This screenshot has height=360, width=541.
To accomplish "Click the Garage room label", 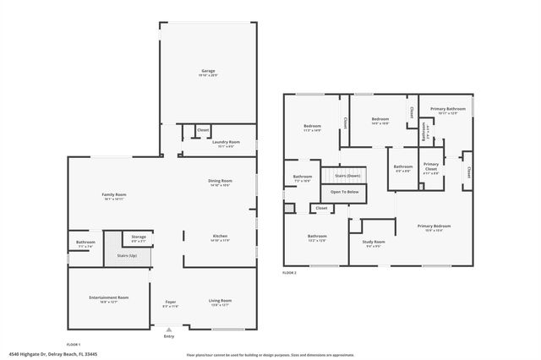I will [x=208, y=71].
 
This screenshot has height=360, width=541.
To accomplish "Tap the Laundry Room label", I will [x=226, y=142].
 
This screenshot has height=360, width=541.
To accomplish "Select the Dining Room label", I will [x=220, y=181].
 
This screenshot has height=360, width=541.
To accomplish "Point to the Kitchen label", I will [x=220, y=236].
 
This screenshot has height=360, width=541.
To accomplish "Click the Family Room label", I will [x=113, y=195].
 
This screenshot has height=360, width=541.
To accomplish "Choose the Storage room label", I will [x=139, y=237].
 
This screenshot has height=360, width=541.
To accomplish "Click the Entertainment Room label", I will [x=109, y=297].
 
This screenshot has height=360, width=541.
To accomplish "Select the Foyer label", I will [x=170, y=301].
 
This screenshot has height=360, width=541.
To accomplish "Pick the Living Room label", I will [x=220, y=301].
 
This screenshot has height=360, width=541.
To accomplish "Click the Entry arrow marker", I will [x=170, y=330].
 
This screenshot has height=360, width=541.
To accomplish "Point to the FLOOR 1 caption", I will [x=75, y=344].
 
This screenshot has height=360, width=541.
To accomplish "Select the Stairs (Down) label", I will [x=347, y=176].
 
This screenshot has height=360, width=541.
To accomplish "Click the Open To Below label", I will [x=344, y=192].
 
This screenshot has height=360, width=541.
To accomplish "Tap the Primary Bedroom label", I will [x=435, y=226].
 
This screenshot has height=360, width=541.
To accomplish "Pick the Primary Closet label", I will [x=430, y=165].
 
